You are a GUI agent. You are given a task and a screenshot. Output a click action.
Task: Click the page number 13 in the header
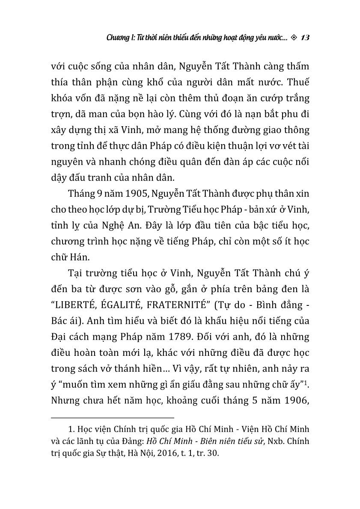click(x=305, y=38)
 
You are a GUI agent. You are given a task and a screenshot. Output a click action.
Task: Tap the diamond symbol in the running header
click(x=293, y=38)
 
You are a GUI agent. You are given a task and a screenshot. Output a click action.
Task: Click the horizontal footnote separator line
click(x=112, y=417)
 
